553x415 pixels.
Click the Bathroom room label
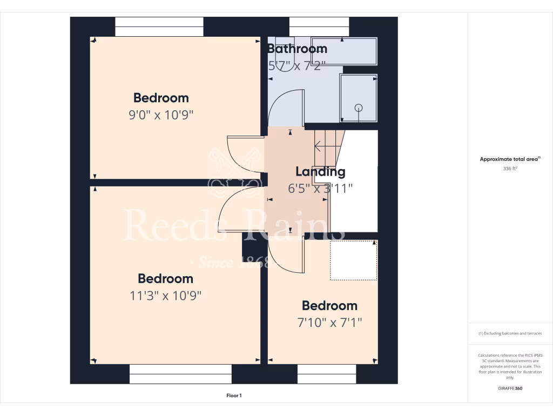[298, 49]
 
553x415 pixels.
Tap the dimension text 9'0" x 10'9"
[161, 115]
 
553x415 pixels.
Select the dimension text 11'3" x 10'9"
[166, 296]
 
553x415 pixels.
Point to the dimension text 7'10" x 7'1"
[329, 323]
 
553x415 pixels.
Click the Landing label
[320, 172]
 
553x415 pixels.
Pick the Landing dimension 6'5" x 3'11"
[320, 188]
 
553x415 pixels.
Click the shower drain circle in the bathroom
[359, 108]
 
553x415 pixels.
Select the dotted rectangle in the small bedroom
[353, 260]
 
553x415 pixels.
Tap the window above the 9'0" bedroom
[159, 26]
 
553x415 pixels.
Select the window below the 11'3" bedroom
[180, 374]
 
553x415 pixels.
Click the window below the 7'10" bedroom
[327, 374]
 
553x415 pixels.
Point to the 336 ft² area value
[510, 169]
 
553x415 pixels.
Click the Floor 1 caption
[234, 396]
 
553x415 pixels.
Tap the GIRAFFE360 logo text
[510, 389]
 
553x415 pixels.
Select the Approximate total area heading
[510, 159]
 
